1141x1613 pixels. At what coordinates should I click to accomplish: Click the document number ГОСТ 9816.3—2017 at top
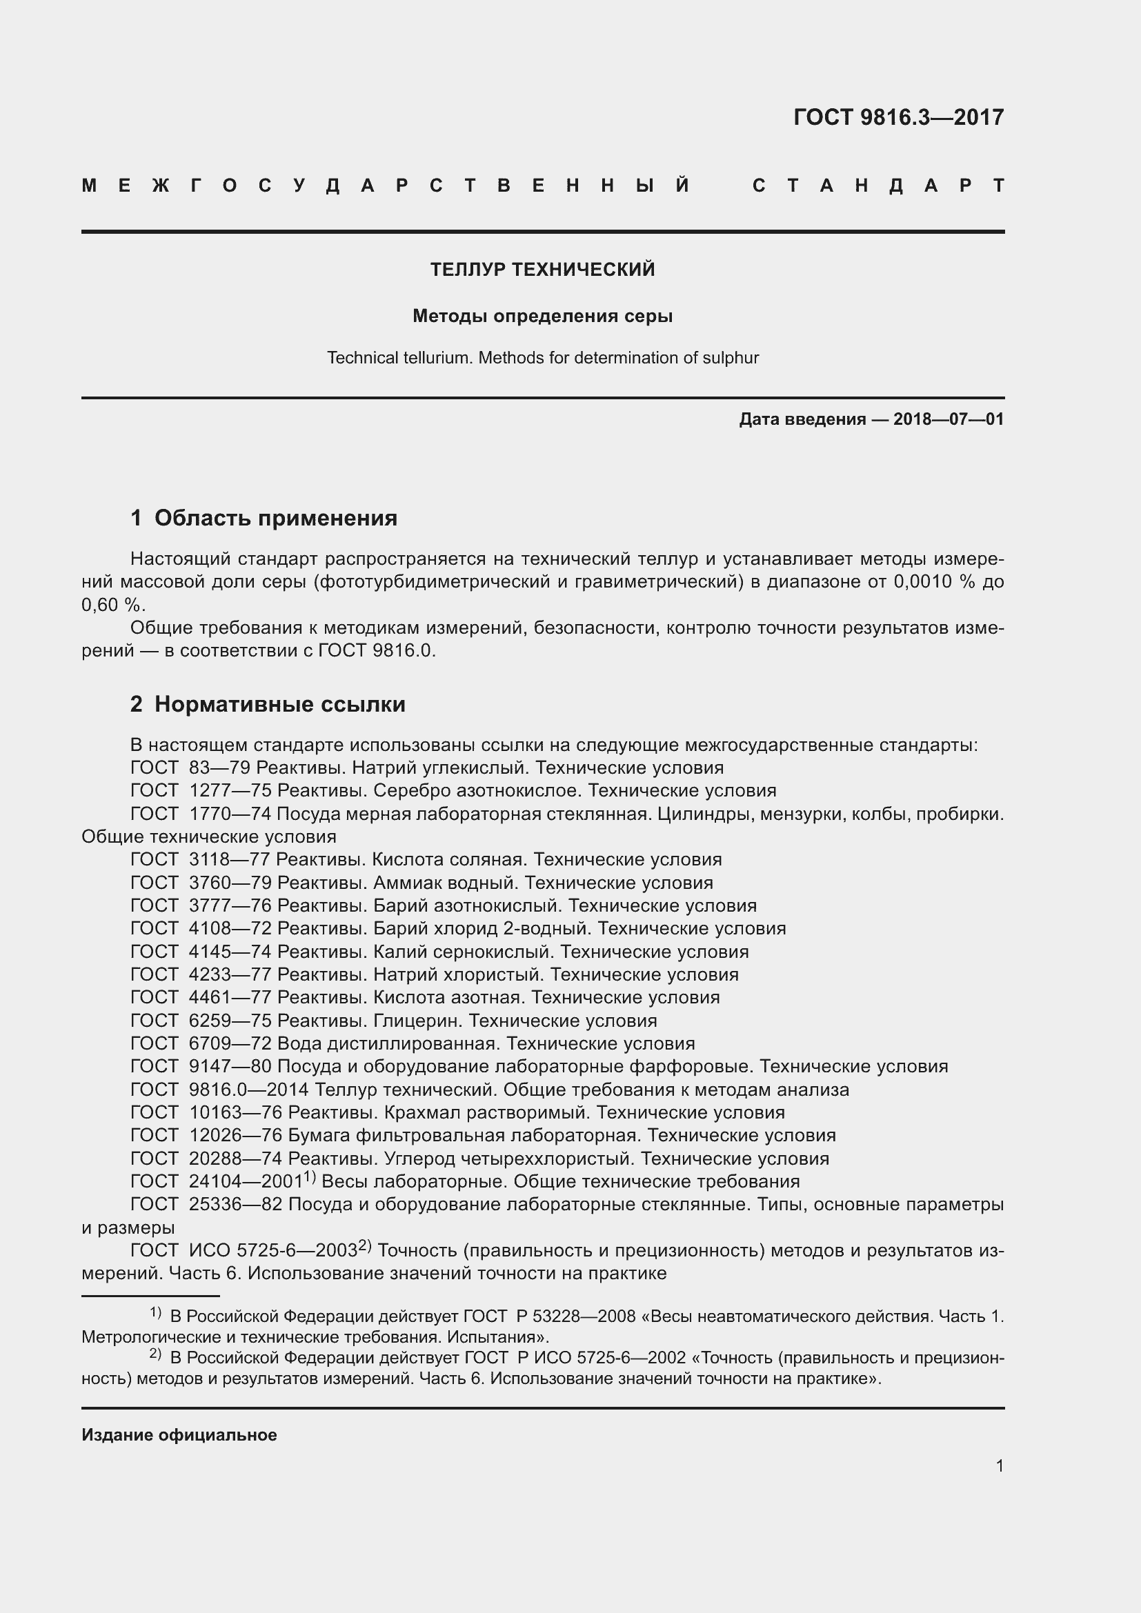coord(898,117)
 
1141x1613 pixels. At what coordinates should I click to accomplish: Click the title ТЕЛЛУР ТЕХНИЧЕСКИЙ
coord(542,270)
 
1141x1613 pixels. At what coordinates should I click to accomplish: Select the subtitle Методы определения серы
coord(542,316)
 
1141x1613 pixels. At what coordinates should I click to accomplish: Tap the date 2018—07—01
coord(948,420)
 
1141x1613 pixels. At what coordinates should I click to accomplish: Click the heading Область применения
coord(275,519)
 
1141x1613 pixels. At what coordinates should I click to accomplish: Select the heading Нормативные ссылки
coord(279,705)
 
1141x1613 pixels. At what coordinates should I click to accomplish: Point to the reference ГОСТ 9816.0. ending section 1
coord(377,650)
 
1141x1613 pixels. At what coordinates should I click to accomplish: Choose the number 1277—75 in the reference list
coord(230,791)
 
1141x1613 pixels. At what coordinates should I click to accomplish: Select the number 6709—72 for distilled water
coord(230,1044)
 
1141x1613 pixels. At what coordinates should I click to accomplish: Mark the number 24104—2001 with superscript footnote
coord(245,1182)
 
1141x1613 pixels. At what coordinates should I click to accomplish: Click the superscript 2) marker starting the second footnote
coord(155,1354)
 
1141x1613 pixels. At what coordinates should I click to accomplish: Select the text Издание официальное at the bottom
coord(179,1435)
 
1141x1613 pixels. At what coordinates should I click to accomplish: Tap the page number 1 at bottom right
coord(999,1466)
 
